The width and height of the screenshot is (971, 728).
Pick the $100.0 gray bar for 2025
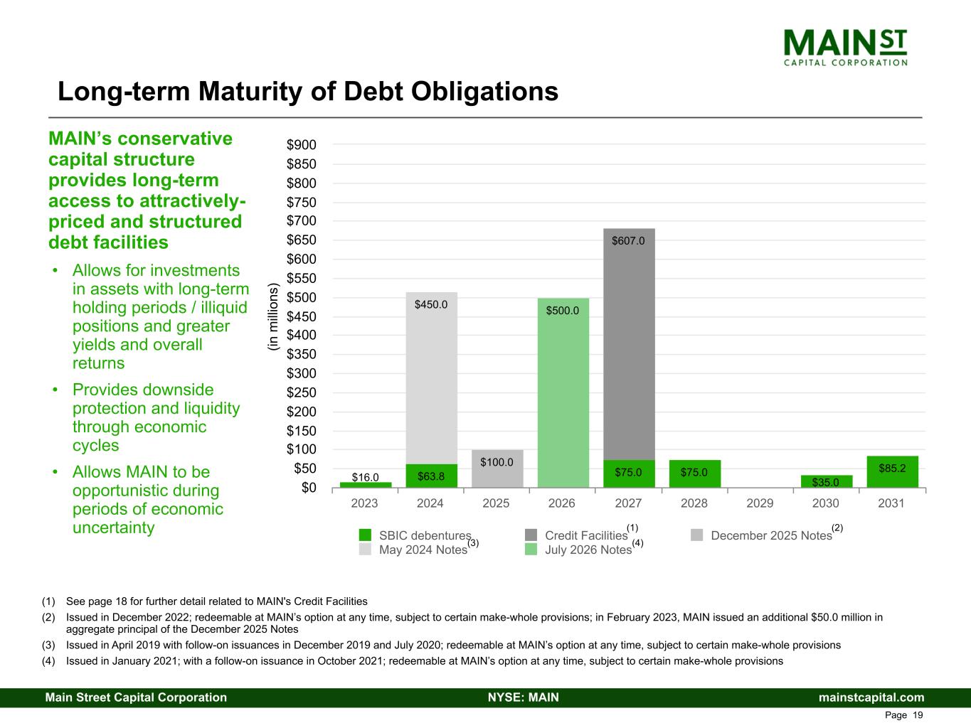click(497, 469)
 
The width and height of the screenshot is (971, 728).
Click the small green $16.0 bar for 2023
click(366, 485)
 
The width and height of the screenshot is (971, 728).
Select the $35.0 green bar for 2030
click(826, 481)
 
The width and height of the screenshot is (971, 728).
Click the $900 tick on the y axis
click(301, 145)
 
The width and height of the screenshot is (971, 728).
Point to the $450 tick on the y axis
click(301, 316)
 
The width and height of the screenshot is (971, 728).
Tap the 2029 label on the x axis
click(760, 503)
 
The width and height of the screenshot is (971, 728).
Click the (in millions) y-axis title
click(271, 316)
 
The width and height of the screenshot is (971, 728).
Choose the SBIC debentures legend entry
click(424, 535)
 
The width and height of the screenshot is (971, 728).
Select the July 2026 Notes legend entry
click(588, 550)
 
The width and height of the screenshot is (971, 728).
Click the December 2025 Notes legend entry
click(770, 535)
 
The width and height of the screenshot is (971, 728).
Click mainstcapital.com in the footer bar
click(871, 697)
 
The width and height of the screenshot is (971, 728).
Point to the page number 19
click(918, 715)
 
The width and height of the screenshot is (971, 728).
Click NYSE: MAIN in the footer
click(523, 697)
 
